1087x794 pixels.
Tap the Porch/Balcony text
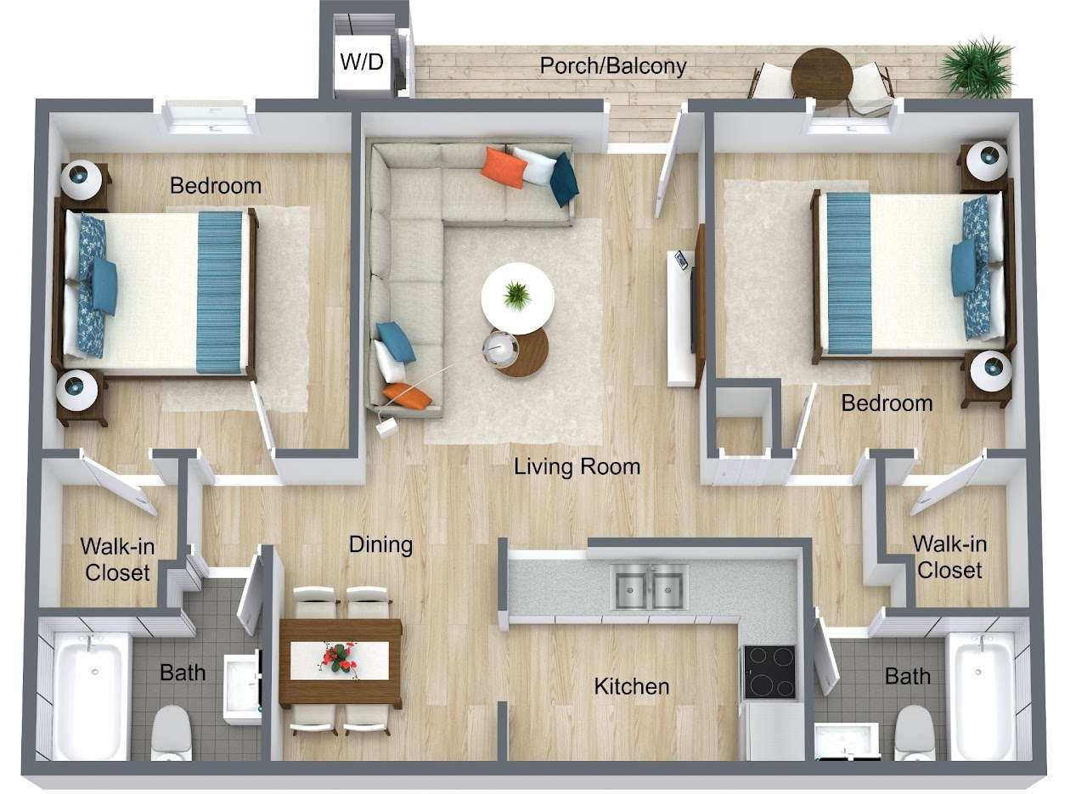pyautogui.click(x=613, y=65)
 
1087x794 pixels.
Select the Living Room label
pyautogui.click(x=577, y=466)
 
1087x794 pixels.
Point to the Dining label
pyautogui.click(x=380, y=544)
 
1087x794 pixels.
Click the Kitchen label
pyautogui.click(x=631, y=685)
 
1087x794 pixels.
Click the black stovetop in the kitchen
pyautogui.click(x=769, y=672)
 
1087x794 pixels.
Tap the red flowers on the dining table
pyautogui.click(x=340, y=657)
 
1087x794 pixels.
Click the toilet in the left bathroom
pyautogui.click(x=172, y=732)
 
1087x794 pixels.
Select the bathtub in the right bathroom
pyautogui.click(x=981, y=696)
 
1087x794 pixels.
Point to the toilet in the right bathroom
pyautogui.click(x=915, y=732)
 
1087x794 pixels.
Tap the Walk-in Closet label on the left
pyautogui.click(x=117, y=559)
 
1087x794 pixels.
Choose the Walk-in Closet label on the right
pyautogui.click(x=949, y=556)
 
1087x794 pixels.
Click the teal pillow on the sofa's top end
pyautogui.click(x=564, y=178)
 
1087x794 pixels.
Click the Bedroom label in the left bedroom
pyautogui.click(x=216, y=185)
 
